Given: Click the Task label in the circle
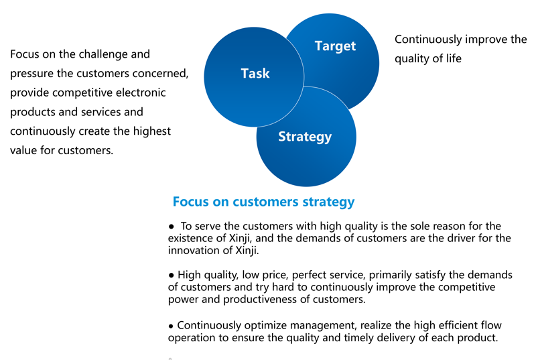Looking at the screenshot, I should point(255,73).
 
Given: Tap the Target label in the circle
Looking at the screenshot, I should point(335,46).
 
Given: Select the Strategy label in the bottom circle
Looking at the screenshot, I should point(305,137).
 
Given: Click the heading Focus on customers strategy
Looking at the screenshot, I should point(263,201).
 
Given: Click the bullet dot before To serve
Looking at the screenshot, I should point(172,227).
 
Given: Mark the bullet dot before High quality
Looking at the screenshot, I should point(172,276).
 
